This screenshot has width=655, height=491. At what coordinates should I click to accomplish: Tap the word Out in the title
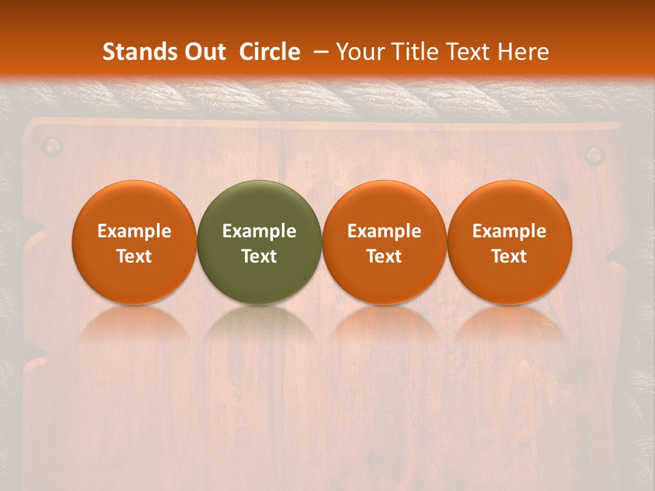tap(203, 52)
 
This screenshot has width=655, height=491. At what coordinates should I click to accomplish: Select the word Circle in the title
tap(270, 52)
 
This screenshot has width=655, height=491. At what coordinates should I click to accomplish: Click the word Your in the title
tap(358, 52)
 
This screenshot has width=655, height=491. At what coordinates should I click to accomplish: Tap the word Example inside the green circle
tap(259, 231)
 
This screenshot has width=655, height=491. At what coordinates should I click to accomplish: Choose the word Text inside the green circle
tap(259, 256)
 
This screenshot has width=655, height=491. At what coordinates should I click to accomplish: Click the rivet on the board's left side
tap(52, 146)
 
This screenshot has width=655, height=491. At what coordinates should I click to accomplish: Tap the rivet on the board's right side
tap(595, 155)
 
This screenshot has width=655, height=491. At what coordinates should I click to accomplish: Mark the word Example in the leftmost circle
tap(134, 231)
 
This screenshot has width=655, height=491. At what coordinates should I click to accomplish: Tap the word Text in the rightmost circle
tap(510, 256)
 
